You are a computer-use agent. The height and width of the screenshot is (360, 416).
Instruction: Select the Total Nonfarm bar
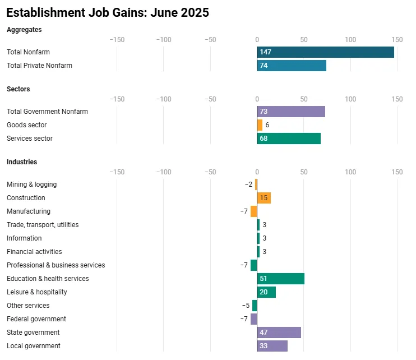point(325,52)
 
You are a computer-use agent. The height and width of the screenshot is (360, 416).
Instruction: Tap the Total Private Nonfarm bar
point(292,66)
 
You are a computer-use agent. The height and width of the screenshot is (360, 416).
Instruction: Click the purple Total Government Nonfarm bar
point(291,112)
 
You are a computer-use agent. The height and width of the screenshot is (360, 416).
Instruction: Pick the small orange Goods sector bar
point(260,125)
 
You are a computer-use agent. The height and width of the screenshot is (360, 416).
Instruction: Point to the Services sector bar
point(289,139)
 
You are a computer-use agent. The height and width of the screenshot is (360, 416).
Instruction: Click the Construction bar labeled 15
point(264,198)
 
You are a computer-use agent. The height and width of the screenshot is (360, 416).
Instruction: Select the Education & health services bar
point(281,279)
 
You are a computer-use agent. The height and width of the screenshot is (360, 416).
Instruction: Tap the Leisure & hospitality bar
point(266,292)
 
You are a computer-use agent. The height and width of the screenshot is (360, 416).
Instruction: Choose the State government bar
point(279,333)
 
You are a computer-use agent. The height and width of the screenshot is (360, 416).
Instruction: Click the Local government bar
point(272,346)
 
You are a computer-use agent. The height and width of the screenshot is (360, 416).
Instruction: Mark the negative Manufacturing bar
point(254,211)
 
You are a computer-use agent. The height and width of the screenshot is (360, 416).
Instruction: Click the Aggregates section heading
point(24,29)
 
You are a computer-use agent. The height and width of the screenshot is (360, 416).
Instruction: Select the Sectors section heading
point(19,89)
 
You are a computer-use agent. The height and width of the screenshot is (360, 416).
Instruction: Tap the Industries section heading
point(22,162)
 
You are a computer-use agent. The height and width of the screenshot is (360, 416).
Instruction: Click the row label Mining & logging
point(31,184)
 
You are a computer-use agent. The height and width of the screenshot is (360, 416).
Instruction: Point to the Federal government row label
point(36,319)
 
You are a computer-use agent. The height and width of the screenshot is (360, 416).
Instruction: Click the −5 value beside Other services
point(246,306)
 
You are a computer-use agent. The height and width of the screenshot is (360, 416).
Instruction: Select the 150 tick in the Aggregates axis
point(397,39)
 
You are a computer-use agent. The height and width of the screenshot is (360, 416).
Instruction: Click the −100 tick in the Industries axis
point(164,172)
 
